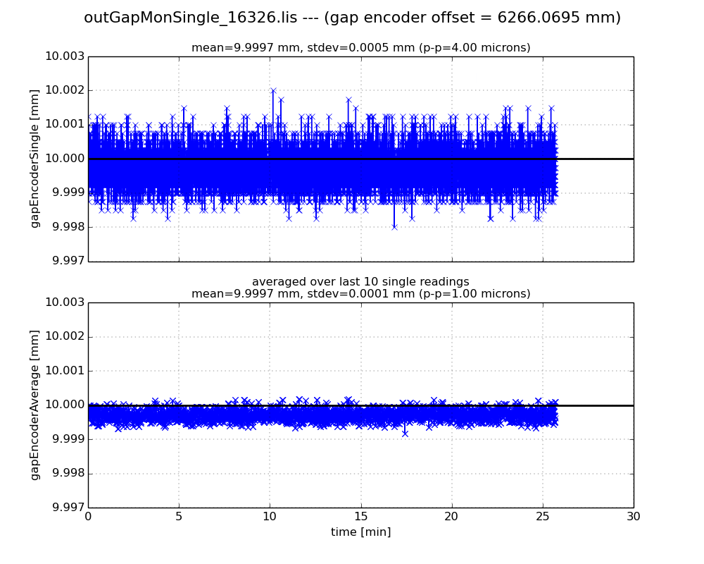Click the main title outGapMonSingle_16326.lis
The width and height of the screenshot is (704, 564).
pyautogui.click(x=352, y=18)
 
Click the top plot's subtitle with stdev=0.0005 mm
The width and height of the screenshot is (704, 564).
pyautogui.click(x=360, y=48)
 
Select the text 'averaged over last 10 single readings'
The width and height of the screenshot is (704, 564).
pyautogui.click(x=360, y=282)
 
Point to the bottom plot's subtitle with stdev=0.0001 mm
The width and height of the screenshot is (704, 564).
pyautogui.click(x=360, y=293)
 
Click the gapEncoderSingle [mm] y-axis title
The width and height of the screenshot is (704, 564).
pyautogui.click(x=35, y=159)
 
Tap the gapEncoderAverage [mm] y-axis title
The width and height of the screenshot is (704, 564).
pyautogui.click(x=35, y=405)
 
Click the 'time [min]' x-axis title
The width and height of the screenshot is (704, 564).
pyautogui.click(x=360, y=532)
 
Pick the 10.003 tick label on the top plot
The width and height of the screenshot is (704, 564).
pyautogui.click(x=65, y=56)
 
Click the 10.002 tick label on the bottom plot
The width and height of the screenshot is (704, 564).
pyautogui.click(x=65, y=336)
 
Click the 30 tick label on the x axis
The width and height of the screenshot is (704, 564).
pyautogui.click(x=634, y=516)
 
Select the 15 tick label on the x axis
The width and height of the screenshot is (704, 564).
pyautogui.click(x=360, y=516)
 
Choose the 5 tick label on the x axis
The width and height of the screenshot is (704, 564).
pyautogui.click(x=179, y=516)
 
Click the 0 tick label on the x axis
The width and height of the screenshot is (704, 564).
pyautogui.click(x=88, y=516)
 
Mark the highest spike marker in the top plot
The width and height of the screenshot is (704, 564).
pyautogui.click(x=273, y=91)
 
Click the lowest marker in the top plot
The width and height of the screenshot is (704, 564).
pyautogui.click(x=394, y=227)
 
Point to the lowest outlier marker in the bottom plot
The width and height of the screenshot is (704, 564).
pyautogui.click(x=405, y=433)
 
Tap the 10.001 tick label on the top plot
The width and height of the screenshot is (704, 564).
pyautogui.click(x=65, y=125)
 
